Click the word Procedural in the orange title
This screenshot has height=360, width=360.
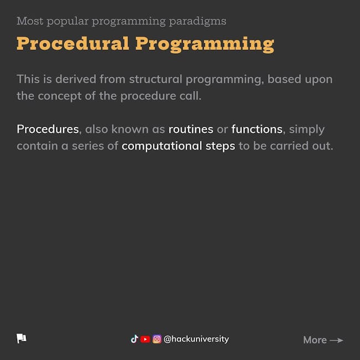pyautogui.click(x=73, y=43)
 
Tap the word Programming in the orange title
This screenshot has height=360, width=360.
pyautogui.click(x=205, y=45)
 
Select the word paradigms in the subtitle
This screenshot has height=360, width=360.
pyautogui.click(x=198, y=22)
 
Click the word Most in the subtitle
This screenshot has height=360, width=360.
pyautogui.click(x=30, y=21)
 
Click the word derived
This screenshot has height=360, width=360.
pyautogui.click(x=76, y=79)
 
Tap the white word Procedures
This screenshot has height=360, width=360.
pyautogui.click(x=48, y=129)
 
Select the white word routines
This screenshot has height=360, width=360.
pyautogui.click(x=191, y=129)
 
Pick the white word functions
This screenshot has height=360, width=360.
pyautogui.click(x=257, y=129)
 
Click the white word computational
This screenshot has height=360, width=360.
pyautogui.click(x=162, y=146)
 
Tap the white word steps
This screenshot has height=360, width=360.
pyautogui.click(x=220, y=146)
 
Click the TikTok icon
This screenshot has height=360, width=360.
pyautogui.click(x=135, y=339)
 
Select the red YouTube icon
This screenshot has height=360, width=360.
pyautogui.click(x=145, y=339)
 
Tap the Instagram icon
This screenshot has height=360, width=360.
pyautogui.click(x=157, y=339)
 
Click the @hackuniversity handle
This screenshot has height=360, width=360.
pyautogui.click(x=196, y=339)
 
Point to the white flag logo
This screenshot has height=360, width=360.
pyautogui.click(x=22, y=338)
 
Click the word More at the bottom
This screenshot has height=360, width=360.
pyautogui.click(x=315, y=340)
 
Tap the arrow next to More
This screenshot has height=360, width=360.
pyautogui.click(x=336, y=340)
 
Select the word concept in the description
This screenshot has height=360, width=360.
pyautogui.click(x=60, y=96)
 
